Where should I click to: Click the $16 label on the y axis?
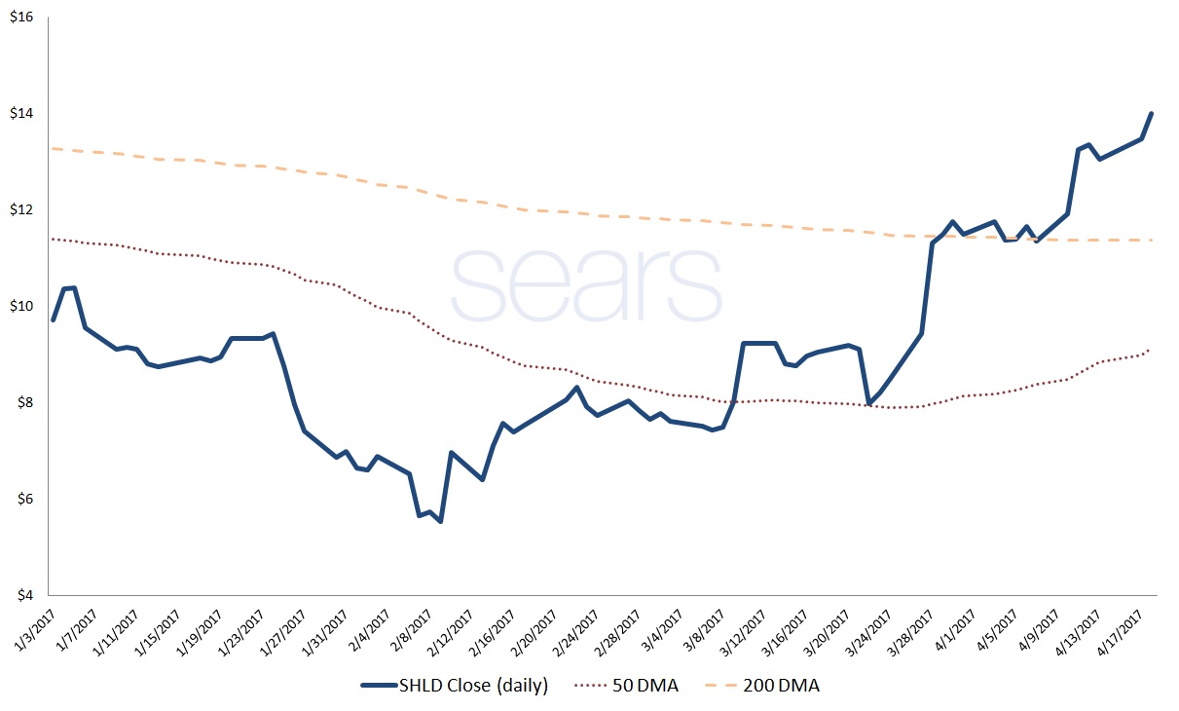20,17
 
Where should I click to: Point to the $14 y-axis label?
20,113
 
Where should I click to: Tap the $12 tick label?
20,209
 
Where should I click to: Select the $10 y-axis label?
20,306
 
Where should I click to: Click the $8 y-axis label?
22,402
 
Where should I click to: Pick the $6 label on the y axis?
22,499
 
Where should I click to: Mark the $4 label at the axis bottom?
22,594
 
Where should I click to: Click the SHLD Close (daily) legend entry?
455,687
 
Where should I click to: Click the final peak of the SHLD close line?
1152,113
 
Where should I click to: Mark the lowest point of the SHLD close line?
441,522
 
